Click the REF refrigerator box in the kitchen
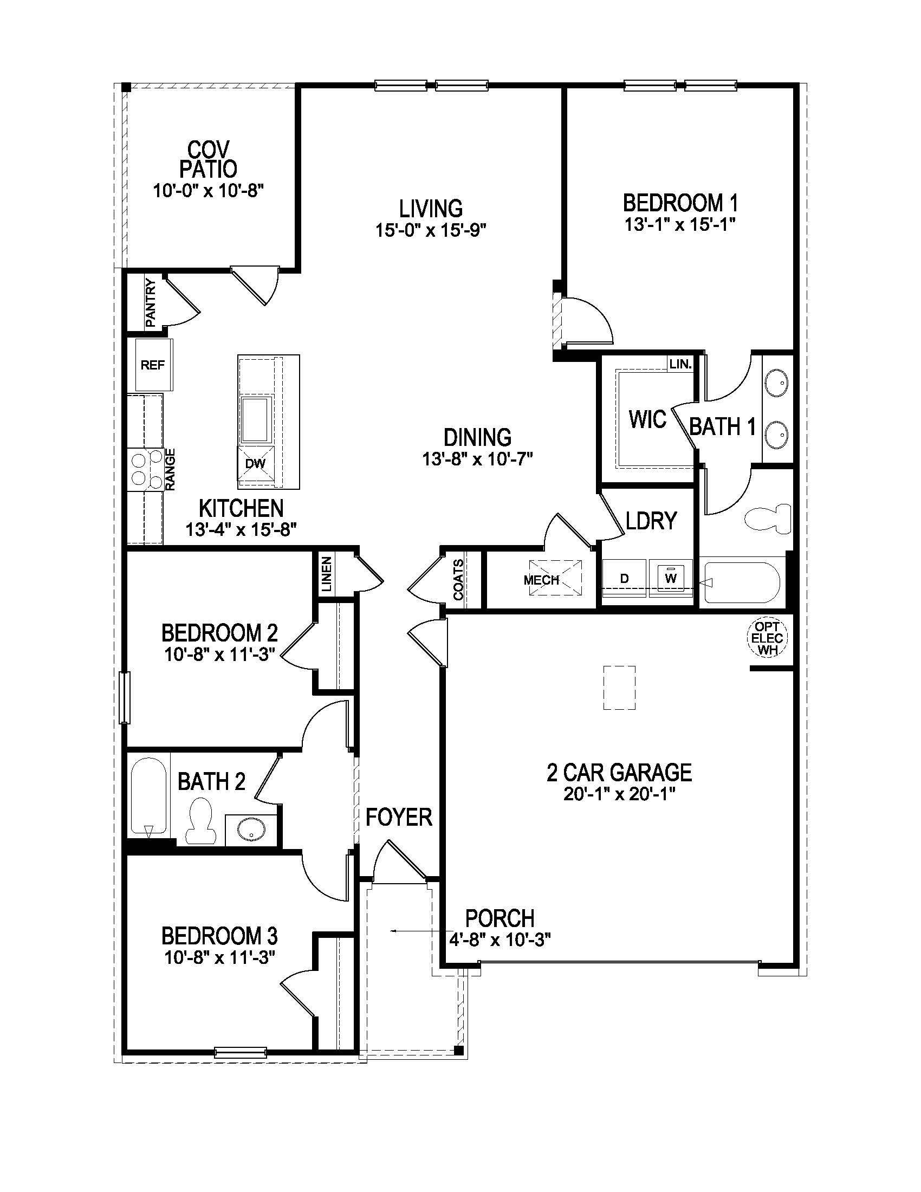pyautogui.click(x=153, y=365)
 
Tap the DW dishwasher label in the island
pyautogui.click(x=255, y=464)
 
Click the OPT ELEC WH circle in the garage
pyautogui.click(x=767, y=638)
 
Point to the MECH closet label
pyautogui.click(x=541, y=580)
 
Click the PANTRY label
pyautogui.click(x=151, y=303)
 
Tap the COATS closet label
pyautogui.click(x=459, y=580)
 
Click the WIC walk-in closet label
pyautogui.click(x=647, y=419)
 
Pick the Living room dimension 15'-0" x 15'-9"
pyautogui.click(x=431, y=231)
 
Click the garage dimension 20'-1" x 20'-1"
pyautogui.click(x=620, y=794)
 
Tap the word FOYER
pyautogui.click(x=399, y=818)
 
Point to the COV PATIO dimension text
pyautogui.click(x=209, y=192)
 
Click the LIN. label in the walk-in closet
pyautogui.click(x=680, y=364)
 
